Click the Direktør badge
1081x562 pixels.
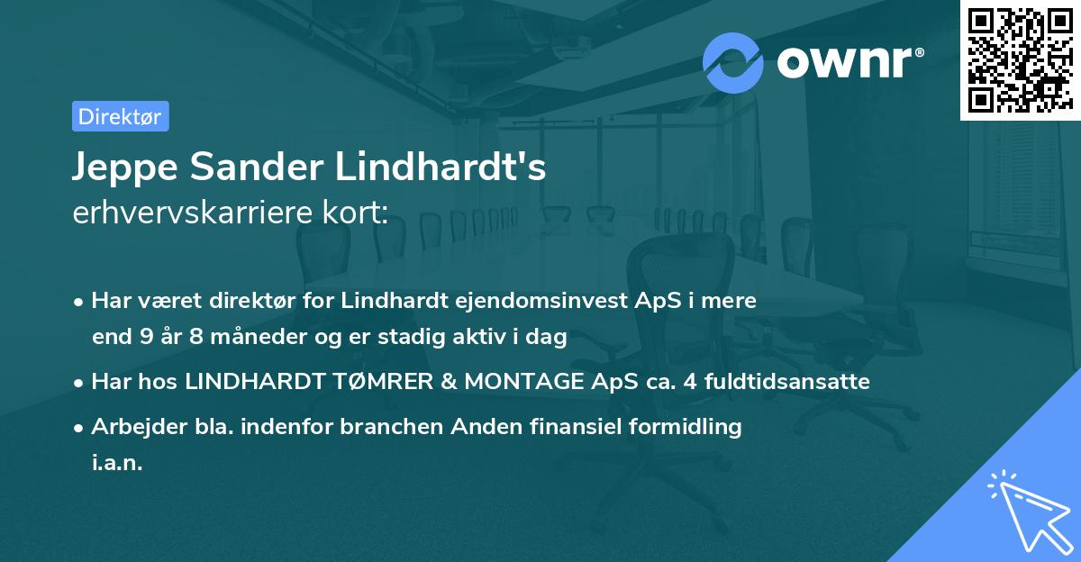coord(120,116)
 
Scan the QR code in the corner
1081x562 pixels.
coord(1019,59)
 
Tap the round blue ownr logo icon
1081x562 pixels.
coord(733,61)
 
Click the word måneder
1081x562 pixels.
coord(242,338)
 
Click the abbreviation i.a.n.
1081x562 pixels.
coord(117,463)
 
